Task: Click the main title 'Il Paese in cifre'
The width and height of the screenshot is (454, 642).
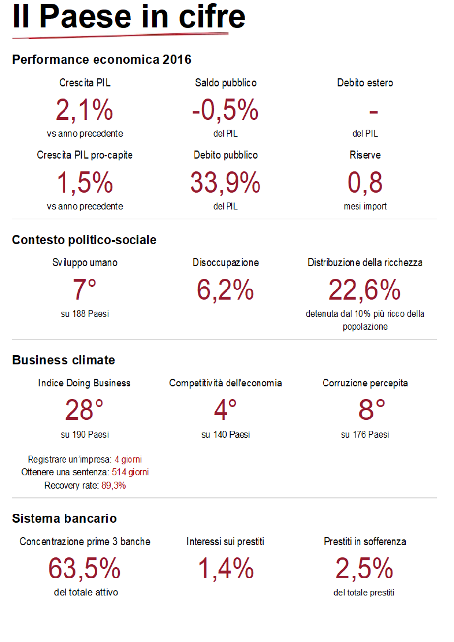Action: pos(129,17)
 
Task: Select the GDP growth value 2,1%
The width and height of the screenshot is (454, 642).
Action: pos(85,110)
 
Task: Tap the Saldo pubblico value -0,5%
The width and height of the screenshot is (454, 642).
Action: pos(226,110)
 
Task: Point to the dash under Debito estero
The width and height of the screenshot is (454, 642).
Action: pos(373,112)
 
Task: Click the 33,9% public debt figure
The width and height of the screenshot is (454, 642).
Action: pos(226,183)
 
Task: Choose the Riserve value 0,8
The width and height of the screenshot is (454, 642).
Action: pos(365,183)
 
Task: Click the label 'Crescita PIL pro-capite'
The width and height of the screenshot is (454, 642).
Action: pos(85,155)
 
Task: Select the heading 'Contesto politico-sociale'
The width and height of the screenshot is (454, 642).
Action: pos(84,240)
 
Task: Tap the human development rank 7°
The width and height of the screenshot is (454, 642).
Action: pos(85,289)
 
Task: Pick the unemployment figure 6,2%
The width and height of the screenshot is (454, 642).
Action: pos(226,289)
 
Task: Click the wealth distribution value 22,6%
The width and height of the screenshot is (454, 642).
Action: pos(365,289)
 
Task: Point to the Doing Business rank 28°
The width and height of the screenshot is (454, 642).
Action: pos(85,410)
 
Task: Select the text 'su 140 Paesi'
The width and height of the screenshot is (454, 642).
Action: pos(226,435)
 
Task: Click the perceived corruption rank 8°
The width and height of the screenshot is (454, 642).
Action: pos(365,410)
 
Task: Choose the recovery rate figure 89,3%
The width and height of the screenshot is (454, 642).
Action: pos(114,485)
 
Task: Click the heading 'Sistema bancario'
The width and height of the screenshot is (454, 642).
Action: pos(65,518)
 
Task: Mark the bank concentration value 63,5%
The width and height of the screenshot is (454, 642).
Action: pos(85,568)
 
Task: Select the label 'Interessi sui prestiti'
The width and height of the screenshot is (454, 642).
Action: pos(226,542)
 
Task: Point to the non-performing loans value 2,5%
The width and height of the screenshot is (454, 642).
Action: pos(365,568)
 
